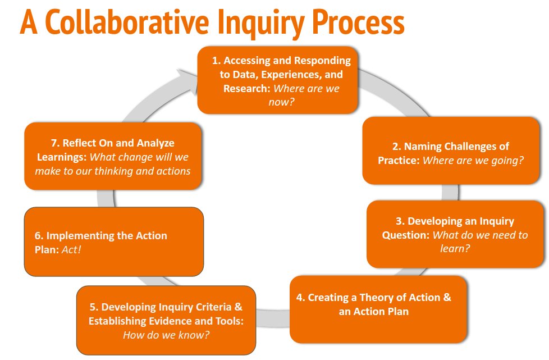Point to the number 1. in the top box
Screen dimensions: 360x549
[216, 61]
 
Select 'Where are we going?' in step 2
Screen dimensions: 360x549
[473, 161]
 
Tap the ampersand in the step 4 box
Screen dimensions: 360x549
[447, 298]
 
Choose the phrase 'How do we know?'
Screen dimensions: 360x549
[166, 335]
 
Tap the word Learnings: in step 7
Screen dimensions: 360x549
[60, 157]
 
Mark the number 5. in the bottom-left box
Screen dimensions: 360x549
[94, 307]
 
